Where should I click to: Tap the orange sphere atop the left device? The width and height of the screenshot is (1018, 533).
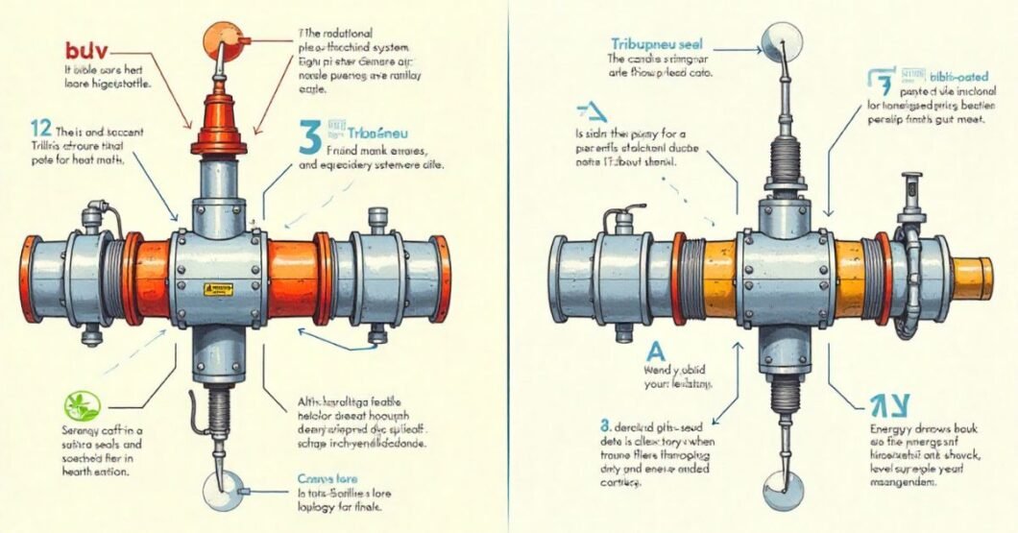tap(217, 39)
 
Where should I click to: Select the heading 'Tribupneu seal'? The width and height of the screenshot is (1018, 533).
tap(655, 44)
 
